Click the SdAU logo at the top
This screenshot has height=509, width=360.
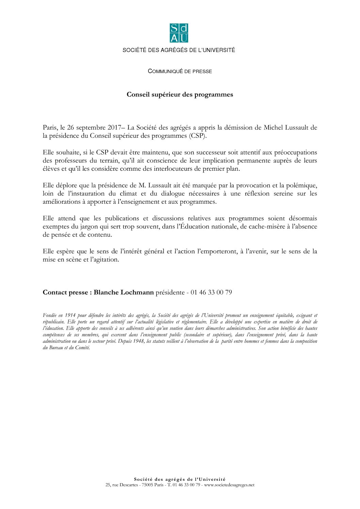179,33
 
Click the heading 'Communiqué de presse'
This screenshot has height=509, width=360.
180,71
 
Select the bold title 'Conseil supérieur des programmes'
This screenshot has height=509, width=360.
180,95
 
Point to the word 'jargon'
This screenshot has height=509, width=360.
89,227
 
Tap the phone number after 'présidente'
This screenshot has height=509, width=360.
211,293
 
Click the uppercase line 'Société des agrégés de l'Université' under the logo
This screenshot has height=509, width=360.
179,50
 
